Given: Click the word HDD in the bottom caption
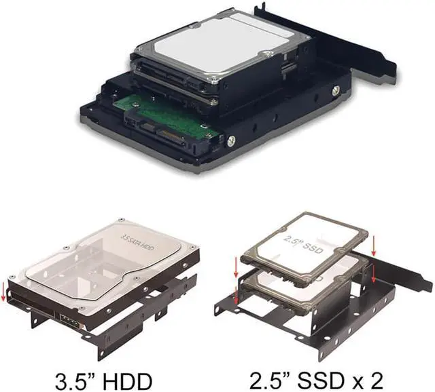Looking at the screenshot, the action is pos(127,382).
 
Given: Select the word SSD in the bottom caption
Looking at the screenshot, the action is pos(324,382).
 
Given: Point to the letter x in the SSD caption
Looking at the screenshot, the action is pos(361,385).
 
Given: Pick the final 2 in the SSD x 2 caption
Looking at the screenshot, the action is pos(377,382).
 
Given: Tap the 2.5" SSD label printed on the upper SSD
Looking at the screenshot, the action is pos(303,244).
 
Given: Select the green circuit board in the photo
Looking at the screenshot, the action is pos(167,116).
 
